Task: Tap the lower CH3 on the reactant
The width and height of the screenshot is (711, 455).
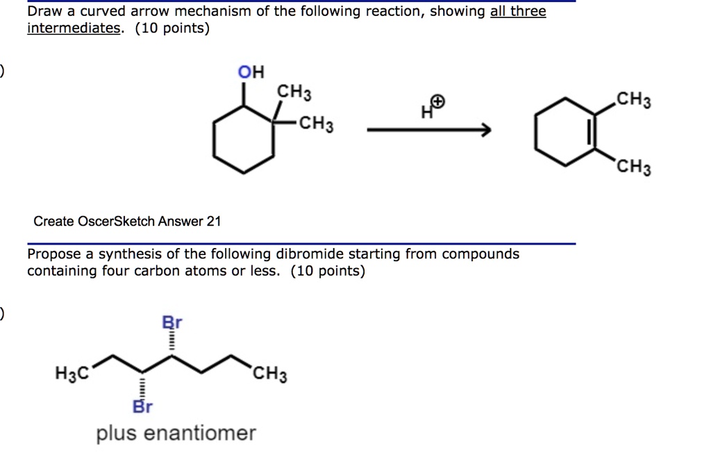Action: (x=317, y=126)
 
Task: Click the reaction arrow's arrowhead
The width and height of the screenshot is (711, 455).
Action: (x=485, y=130)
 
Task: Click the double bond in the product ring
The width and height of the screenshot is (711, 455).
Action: (x=590, y=132)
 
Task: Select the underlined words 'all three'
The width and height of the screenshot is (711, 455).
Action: (x=518, y=12)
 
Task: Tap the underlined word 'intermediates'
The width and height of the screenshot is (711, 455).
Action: (x=73, y=28)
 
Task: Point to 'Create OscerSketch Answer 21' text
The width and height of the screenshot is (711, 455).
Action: (x=127, y=222)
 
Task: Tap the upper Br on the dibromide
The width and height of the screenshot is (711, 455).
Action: (x=171, y=322)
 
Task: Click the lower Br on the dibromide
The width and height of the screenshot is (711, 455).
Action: (x=142, y=407)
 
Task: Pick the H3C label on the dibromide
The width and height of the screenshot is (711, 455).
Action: (x=72, y=374)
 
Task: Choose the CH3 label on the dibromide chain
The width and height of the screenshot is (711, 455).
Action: (x=269, y=376)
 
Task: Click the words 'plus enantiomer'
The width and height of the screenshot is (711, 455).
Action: (x=176, y=433)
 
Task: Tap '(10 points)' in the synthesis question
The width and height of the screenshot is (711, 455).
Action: (x=328, y=271)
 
